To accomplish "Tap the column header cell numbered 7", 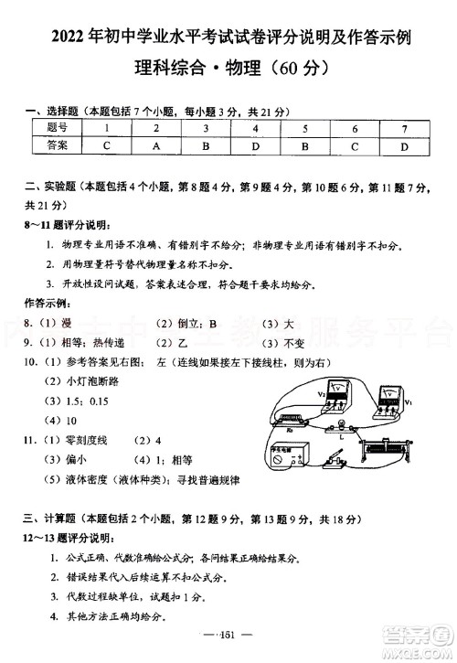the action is coord(403,127).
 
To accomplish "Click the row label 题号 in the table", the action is coord(57,127).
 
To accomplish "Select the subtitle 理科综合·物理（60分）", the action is coord(229,68).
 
